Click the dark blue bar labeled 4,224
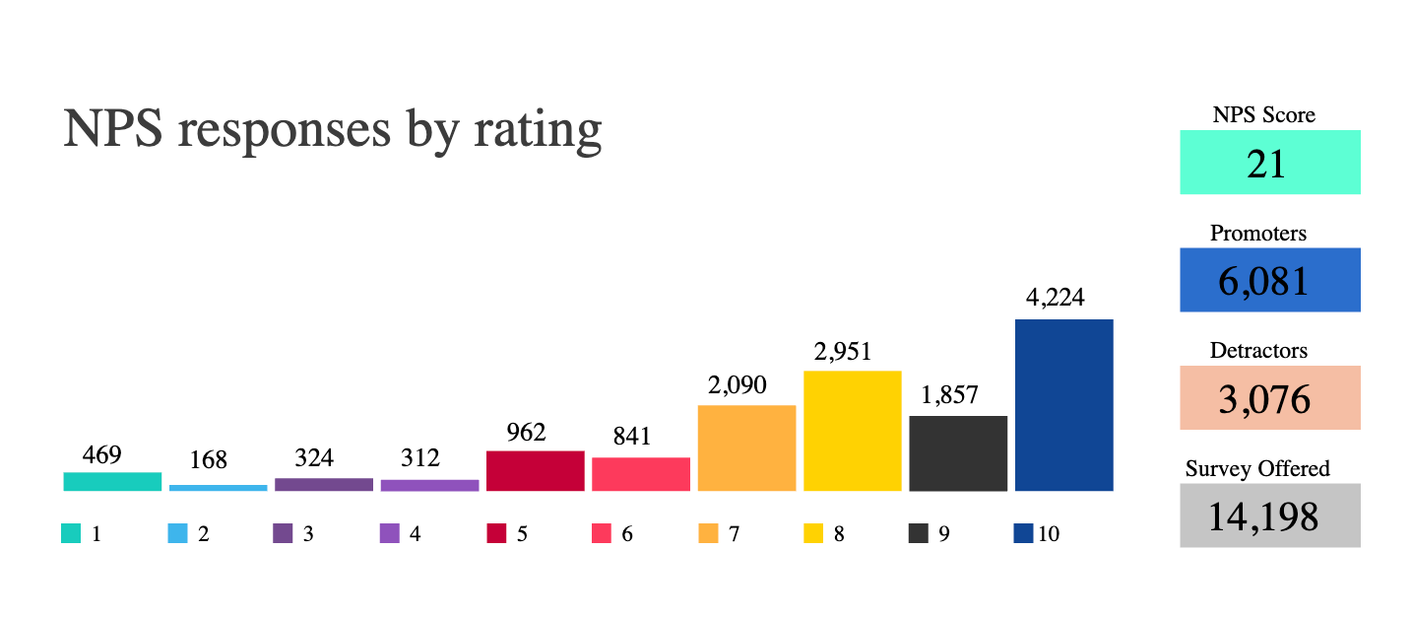(x=1063, y=405)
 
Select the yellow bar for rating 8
(x=853, y=431)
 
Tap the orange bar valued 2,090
(x=746, y=447)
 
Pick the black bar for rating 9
(x=958, y=453)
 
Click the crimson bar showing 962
(x=535, y=470)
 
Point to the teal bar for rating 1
(x=112, y=481)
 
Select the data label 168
(x=209, y=460)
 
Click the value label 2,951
(x=843, y=352)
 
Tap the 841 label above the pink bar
(x=631, y=437)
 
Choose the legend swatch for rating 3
(x=283, y=533)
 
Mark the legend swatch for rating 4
(x=389, y=533)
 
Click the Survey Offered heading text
(x=1257, y=468)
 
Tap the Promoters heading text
(x=1258, y=234)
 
